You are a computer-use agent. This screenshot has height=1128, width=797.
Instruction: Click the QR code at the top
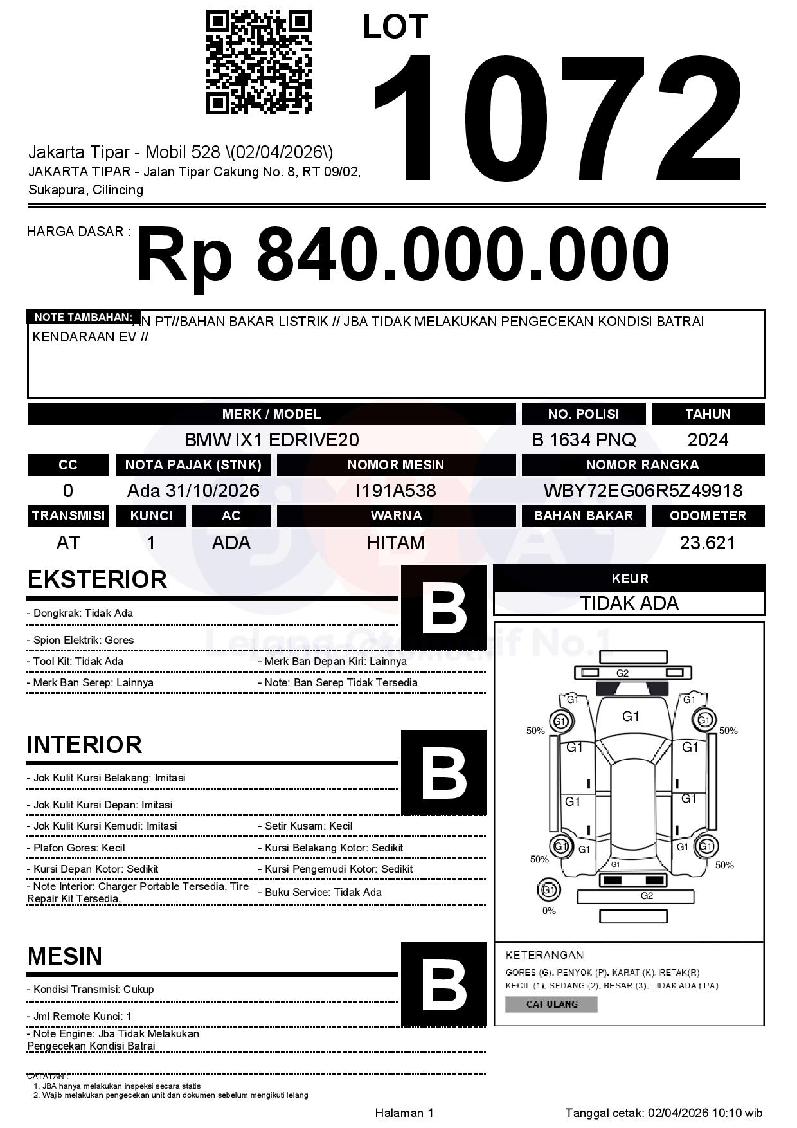(x=258, y=62)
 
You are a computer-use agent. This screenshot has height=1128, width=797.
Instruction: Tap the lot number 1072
(x=558, y=118)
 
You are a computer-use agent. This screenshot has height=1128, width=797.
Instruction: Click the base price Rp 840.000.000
(x=403, y=254)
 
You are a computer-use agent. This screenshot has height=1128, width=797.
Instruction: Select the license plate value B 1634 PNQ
(x=584, y=440)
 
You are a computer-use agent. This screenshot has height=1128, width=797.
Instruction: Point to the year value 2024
(x=708, y=440)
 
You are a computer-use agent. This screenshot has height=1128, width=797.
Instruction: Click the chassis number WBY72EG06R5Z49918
(x=643, y=491)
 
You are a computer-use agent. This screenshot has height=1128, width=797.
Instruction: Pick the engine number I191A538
(x=396, y=491)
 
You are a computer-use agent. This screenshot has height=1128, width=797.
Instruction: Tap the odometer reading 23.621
(x=708, y=543)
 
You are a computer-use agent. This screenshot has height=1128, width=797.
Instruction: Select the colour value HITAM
(x=396, y=543)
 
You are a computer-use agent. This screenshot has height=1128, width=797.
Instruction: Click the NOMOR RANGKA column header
(x=643, y=464)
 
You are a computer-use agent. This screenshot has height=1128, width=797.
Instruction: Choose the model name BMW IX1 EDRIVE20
(x=271, y=440)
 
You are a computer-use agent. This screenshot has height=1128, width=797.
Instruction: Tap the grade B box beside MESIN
(x=443, y=984)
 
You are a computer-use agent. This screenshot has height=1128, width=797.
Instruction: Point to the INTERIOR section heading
(x=84, y=745)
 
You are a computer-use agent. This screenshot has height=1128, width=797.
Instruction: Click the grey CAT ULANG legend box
(x=551, y=1004)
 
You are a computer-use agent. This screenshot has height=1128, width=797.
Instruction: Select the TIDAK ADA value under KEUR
(x=629, y=603)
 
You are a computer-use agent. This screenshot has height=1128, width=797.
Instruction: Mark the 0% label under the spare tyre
(x=549, y=911)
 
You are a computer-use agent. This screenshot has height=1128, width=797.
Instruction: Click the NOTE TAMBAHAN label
(x=83, y=317)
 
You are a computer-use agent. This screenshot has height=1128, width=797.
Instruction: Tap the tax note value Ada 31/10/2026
(x=193, y=491)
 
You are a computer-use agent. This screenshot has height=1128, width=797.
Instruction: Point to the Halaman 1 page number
(x=404, y=1113)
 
